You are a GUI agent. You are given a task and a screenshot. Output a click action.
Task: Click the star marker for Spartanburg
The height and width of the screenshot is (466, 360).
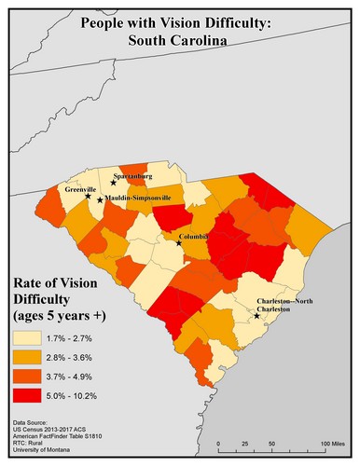click(113, 183)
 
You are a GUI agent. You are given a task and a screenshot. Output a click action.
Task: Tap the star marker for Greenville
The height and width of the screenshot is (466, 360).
click(89, 196)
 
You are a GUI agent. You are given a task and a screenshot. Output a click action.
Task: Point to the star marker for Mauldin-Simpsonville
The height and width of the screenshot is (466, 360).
click(100, 200)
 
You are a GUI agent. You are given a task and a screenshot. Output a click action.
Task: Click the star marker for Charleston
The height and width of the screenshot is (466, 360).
click(256, 317)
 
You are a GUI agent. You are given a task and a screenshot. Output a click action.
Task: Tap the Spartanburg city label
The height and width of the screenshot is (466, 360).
click(132, 175)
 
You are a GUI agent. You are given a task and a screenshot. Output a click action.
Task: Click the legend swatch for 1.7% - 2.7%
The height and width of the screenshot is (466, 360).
click(29, 341)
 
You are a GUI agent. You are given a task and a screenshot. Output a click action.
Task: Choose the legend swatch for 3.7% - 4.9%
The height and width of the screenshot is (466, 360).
click(29, 377)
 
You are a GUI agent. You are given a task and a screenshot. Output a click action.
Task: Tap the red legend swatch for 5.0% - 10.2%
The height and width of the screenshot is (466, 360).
click(29, 396)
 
